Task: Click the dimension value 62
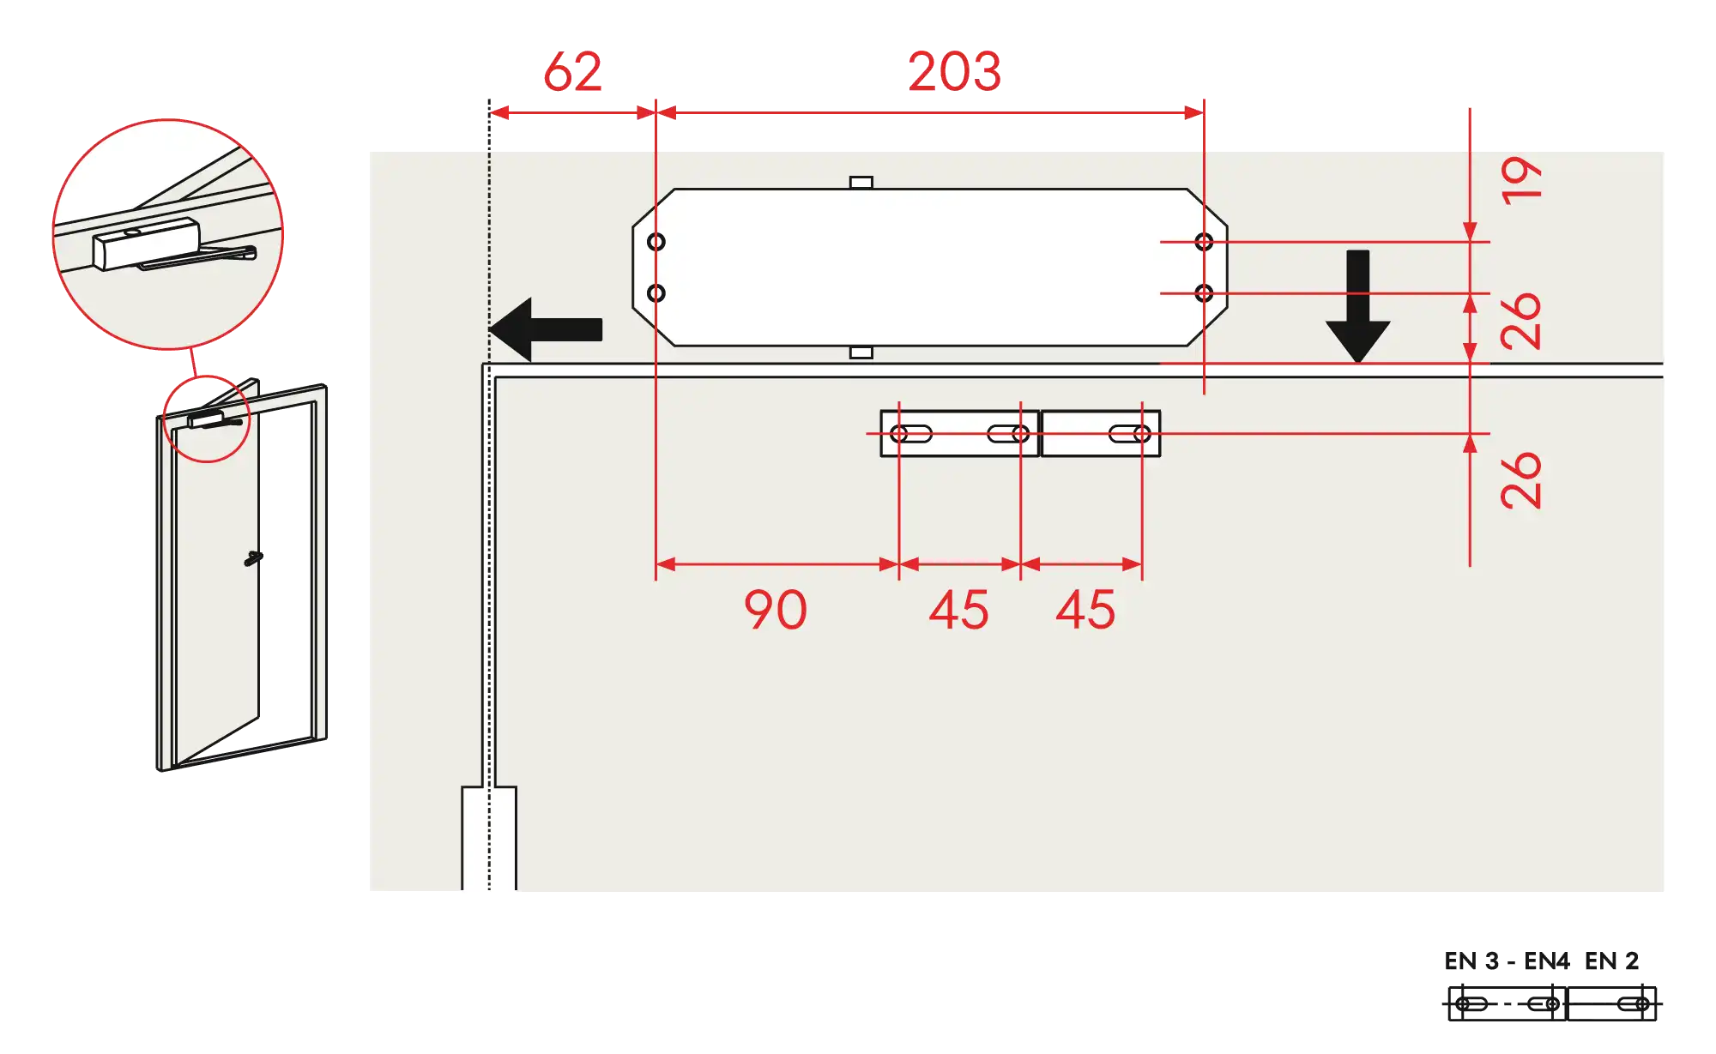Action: [x=573, y=71]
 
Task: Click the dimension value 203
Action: [x=954, y=71]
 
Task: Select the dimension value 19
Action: [x=1521, y=179]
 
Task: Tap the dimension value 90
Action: [x=776, y=610]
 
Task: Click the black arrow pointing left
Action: [x=546, y=329]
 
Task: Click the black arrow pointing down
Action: [x=1357, y=306]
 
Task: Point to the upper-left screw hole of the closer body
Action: [x=656, y=242]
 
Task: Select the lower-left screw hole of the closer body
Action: [x=656, y=293]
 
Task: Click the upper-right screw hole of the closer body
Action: [x=1204, y=242]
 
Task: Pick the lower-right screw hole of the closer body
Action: [x=1204, y=293]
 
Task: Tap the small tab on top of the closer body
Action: [x=861, y=183]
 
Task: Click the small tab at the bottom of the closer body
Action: [x=861, y=352]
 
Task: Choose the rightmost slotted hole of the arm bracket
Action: [x=1130, y=434]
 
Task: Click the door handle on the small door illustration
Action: [x=252, y=559]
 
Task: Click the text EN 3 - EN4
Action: [x=1507, y=961]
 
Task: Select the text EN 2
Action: [x=1611, y=961]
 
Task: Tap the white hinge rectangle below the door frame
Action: [x=489, y=838]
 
